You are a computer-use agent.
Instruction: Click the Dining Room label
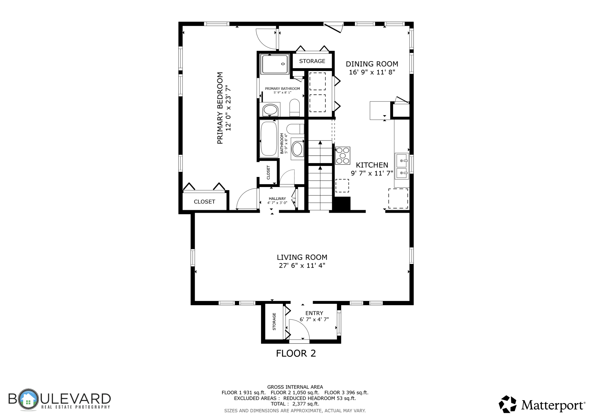tap(372, 64)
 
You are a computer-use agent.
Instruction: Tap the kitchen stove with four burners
tap(343, 156)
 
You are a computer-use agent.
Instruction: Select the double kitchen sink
tap(402, 166)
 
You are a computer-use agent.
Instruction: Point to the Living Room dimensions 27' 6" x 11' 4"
tap(302, 266)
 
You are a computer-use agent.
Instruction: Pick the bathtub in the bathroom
tap(269, 139)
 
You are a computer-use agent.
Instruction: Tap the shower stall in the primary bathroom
tap(275, 64)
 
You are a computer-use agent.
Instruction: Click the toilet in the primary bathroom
tap(295, 108)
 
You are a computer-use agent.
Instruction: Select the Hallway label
tap(277, 199)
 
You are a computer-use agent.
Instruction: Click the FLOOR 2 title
tap(296, 353)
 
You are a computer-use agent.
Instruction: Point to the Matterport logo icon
tap(508, 404)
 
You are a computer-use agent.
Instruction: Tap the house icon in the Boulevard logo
tap(28, 399)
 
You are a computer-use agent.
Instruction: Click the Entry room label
tap(314, 313)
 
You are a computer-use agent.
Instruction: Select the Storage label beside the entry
tap(274, 322)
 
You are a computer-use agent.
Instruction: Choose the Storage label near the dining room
tap(312, 61)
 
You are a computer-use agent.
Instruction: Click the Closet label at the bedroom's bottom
tap(204, 202)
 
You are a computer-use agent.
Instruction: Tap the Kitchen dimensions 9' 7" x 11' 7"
tap(372, 173)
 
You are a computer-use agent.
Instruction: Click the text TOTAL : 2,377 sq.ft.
tap(295, 404)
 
